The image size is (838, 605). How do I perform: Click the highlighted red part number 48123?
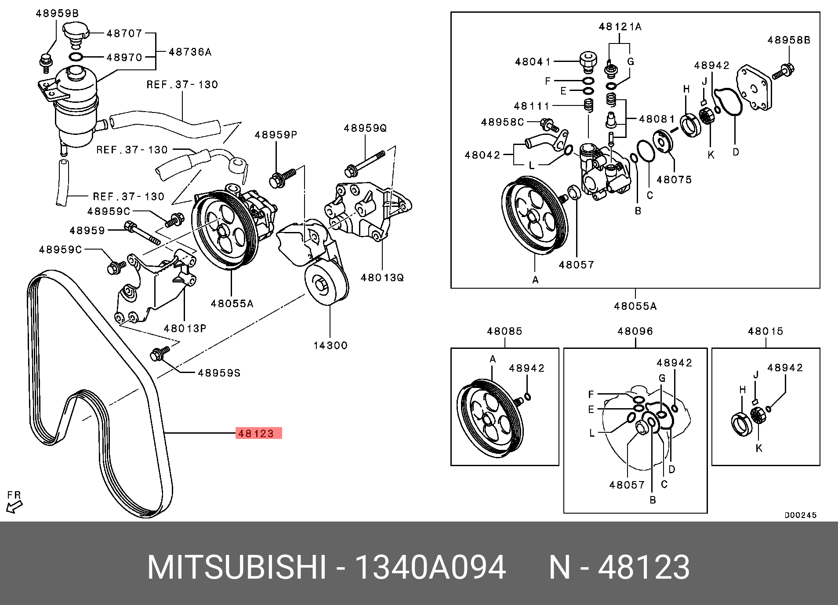[x=258, y=433]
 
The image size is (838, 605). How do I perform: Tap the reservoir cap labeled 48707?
[x=76, y=33]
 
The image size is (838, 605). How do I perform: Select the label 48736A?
[x=190, y=52]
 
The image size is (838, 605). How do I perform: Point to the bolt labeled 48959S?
[x=158, y=354]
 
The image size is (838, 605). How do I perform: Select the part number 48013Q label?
[x=381, y=278]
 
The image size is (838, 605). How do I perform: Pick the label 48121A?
[x=620, y=27]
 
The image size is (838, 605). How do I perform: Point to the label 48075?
[x=674, y=180]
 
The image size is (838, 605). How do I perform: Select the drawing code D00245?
[x=800, y=515]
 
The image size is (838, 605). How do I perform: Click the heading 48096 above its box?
[x=635, y=331]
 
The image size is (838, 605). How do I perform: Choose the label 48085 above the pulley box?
[x=504, y=331]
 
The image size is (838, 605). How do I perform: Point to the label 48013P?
[x=185, y=328]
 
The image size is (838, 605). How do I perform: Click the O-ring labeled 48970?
[x=76, y=57]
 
